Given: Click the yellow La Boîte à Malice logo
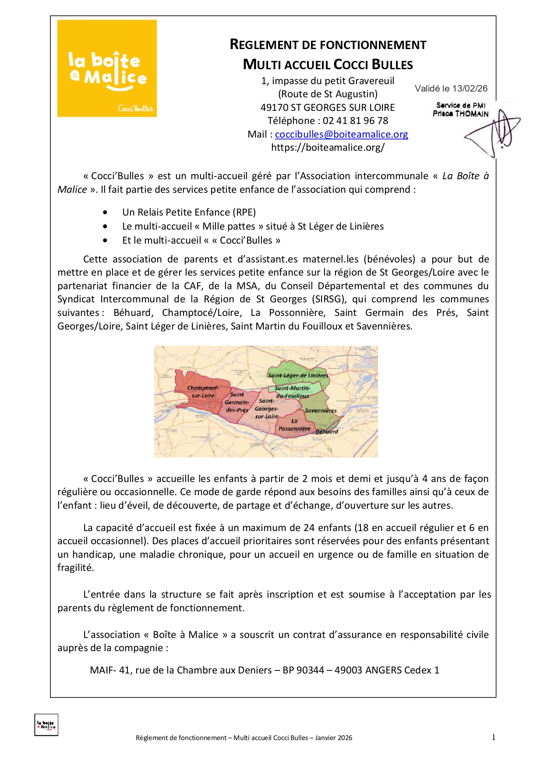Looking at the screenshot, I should pyautogui.click(x=107, y=68).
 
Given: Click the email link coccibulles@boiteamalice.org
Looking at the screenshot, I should pyautogui.click(x=341, y=135).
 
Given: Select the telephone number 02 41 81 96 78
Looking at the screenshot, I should pyautogui.click(x=355, y=121).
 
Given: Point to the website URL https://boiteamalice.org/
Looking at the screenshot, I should pyautogui.click(x=328, y=148).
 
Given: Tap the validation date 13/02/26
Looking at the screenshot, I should pyautogui.click(x=470, y=89).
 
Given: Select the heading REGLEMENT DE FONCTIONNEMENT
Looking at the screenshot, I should pyautogui.click(x=328, y=45).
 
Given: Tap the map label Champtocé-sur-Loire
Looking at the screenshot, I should pyautogui.click(x=203, y=391).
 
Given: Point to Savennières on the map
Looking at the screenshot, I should pyautogui.click(x=321, y=411).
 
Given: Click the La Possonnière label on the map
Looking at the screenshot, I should pyautogui.click(x=294, y=425).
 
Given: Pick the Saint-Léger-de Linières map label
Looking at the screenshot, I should pyautogui.click(x=298, y=375).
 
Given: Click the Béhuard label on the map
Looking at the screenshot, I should pyautogui.click(x=327, y=432).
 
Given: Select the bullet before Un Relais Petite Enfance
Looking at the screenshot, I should pyautogui.click(x=105, y=213).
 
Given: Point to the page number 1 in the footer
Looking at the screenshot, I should pyautogui.click(x=494, y=737).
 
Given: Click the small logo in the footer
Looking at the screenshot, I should pyautogui.click(x=46, y=725).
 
